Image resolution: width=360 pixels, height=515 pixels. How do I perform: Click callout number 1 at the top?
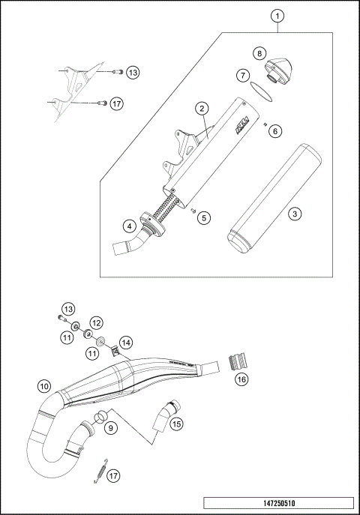[277, 16]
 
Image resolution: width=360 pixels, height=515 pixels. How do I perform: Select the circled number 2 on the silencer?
[202, 108]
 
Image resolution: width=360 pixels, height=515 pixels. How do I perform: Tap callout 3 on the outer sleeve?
[295, 214]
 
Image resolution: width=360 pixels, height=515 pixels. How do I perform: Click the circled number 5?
[202, 217]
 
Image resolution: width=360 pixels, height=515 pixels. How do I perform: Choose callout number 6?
[274, 130]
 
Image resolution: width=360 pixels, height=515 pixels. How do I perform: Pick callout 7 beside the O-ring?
[243, 75]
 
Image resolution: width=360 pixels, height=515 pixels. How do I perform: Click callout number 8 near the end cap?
[259, 53]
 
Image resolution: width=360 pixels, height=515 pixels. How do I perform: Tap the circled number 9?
[111, 427]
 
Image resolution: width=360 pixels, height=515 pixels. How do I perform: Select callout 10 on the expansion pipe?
[44, 387]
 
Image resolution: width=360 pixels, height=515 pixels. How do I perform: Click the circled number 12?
[96, 322]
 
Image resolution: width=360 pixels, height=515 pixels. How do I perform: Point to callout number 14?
[125, 342]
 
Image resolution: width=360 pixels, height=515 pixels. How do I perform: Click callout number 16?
[241, 380]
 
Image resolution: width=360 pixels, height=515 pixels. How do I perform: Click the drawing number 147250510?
[283, 503]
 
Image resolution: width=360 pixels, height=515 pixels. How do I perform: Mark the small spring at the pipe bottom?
[97, 472]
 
